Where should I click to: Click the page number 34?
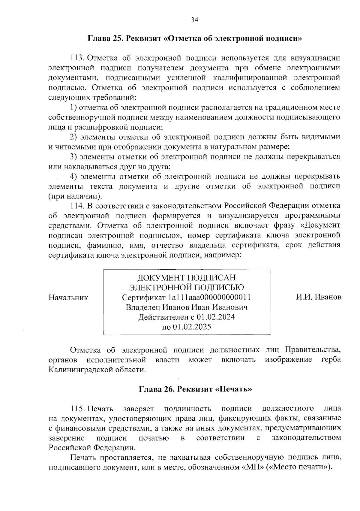point(194,20)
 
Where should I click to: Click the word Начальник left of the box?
point(68,298)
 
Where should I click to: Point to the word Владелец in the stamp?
point(142,307)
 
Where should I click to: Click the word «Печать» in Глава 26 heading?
point(234,389)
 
